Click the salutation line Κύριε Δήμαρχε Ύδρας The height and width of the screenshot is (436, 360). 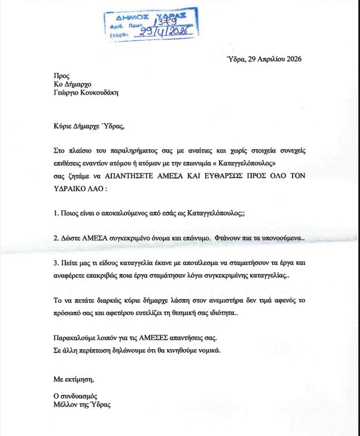pos(86,126)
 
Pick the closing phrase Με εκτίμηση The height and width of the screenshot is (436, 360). pos(70,380)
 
